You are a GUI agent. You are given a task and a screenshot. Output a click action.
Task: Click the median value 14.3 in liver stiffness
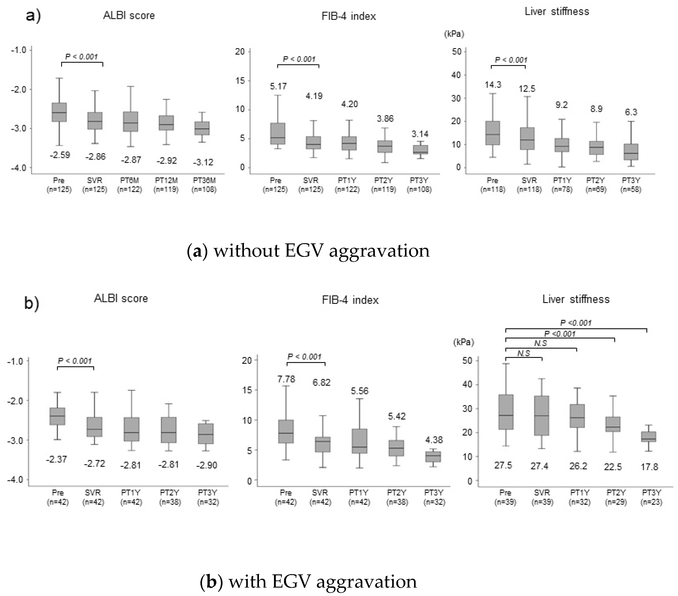click(x=493, y=85)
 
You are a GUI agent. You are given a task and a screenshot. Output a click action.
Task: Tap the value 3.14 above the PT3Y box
click(x=420, y=134)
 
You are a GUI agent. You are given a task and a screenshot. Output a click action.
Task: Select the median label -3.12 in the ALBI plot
click(x=203, y=162)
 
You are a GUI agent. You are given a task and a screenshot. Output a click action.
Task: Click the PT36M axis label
click(x=204, y=181)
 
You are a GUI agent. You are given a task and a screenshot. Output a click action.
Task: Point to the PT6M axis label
click(x=129, y=181)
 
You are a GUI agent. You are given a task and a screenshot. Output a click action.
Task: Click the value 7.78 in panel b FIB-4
click(x=286, y=379)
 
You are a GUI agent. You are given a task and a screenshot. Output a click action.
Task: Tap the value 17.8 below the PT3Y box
click(x=649, y=467)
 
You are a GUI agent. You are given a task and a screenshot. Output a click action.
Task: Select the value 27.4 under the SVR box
click(x=539, y=466)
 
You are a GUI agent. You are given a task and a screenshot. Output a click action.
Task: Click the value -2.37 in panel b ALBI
click(x=56, y=459)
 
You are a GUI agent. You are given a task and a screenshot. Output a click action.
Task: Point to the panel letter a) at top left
click(x=33, y=16)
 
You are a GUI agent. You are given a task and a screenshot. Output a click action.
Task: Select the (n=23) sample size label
click(x=651, y=502)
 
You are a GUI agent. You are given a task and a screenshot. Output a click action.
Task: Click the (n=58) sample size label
click(x=631, y=189)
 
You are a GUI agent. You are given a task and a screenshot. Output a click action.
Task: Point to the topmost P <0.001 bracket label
click(x=576, y=323)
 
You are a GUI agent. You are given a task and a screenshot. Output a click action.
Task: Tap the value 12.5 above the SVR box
click(x=527, y=89)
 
